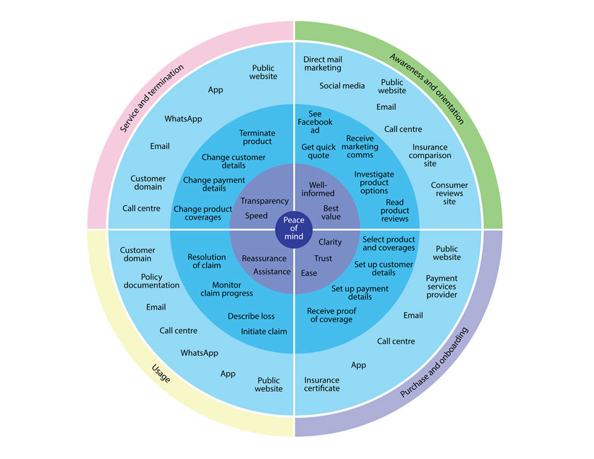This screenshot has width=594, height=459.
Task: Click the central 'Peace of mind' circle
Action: pos(294,228)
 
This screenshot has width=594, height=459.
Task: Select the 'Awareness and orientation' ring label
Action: pos(426,88)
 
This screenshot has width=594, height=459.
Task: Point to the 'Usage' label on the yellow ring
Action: pos(161,373)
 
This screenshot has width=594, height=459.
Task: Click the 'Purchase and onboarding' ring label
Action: pos(434,362)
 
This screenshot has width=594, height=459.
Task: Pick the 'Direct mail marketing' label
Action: pos(322,64)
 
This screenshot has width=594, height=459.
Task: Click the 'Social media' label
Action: pos(342,86)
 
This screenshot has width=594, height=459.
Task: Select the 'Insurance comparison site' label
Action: pos(430,155)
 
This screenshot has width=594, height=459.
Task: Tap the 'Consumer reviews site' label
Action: pos(449,193)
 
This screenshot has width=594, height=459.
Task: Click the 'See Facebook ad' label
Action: pos(315,122)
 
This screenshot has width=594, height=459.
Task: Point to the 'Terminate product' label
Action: pos(257,137)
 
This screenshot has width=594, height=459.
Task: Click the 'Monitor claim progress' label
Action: pos(226,289)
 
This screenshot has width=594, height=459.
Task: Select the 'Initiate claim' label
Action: pos(264,331)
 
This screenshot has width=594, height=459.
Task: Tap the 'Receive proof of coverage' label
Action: pos(331,315)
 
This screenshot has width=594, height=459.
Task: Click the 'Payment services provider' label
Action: pos(442,287)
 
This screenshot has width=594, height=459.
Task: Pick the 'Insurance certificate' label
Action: pos(322,384)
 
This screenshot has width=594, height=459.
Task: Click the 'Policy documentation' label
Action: pos(151,281)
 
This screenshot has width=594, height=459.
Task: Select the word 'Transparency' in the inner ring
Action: pos(264,201)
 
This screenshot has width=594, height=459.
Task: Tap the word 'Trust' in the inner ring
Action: pos(323,258)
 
